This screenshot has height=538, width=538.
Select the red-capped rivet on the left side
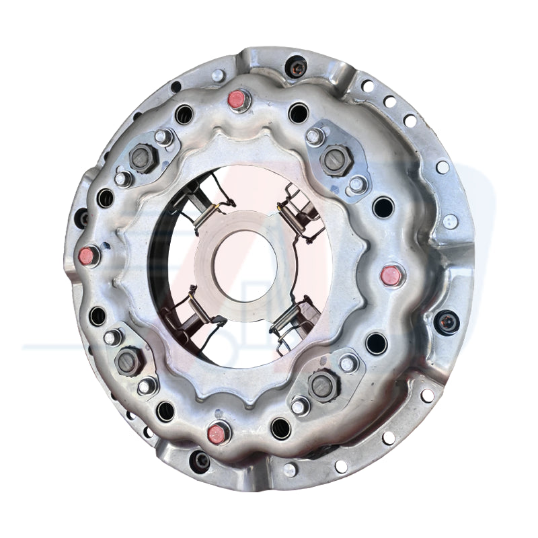click(x=87, y=256)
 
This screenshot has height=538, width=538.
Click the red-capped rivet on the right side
click(x=391, y=274)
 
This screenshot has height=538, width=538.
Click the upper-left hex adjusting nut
click(x=142, y=159)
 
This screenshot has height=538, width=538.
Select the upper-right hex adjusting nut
click(x=334, y=159)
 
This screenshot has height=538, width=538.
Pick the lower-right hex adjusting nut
click(x=322, y=385)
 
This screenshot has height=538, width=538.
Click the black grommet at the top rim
click(x=295, y=66)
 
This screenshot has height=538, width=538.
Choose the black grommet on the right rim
click(x=445, y=321)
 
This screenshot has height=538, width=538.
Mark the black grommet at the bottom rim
click(x=200, y=461)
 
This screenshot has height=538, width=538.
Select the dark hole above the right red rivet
click(x=383, y=206)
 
